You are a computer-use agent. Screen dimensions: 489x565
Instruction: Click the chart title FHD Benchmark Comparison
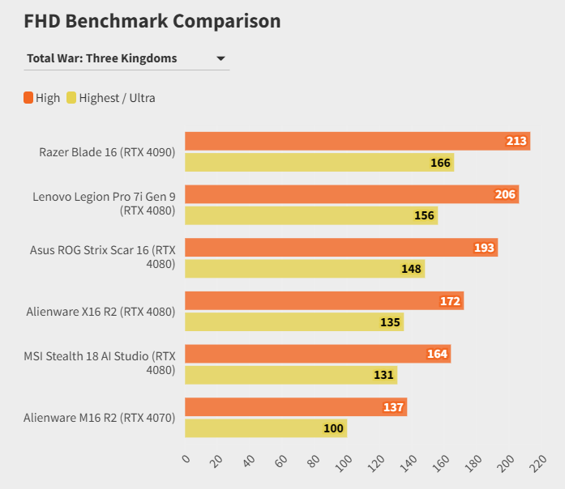[x=152, y=21]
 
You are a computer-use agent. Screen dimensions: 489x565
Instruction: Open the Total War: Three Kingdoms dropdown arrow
[x=220, y=58]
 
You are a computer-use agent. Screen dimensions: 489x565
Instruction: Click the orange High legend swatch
[x=28, y=98]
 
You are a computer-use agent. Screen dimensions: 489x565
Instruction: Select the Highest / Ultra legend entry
[x=116, y=98]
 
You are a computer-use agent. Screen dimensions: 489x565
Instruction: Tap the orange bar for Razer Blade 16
[x=357, y=141]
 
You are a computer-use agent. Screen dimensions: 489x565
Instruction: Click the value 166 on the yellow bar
[x=440, y=163]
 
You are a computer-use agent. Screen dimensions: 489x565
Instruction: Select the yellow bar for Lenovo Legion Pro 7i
[x=310, y=216]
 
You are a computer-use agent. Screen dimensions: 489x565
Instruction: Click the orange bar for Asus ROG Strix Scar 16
[x=340, y=248]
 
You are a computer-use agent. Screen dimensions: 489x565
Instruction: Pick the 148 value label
[x=411, y=269]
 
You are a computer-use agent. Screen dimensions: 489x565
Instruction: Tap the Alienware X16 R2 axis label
[x=101, y=312]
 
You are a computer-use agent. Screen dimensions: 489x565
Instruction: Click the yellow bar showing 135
[x=293, y=322]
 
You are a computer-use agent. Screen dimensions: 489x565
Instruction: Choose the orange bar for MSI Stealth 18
[x=317, y=354]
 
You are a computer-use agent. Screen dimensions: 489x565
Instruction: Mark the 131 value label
[x=384, y=375]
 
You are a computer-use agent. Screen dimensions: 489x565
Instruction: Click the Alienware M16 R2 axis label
[x=99, y=418]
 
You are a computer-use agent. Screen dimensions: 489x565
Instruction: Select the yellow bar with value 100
[x=265, y=428]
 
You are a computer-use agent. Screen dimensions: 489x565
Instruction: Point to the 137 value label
[x=393, y=407]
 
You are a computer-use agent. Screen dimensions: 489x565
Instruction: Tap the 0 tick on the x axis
[x=186, y=460]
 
